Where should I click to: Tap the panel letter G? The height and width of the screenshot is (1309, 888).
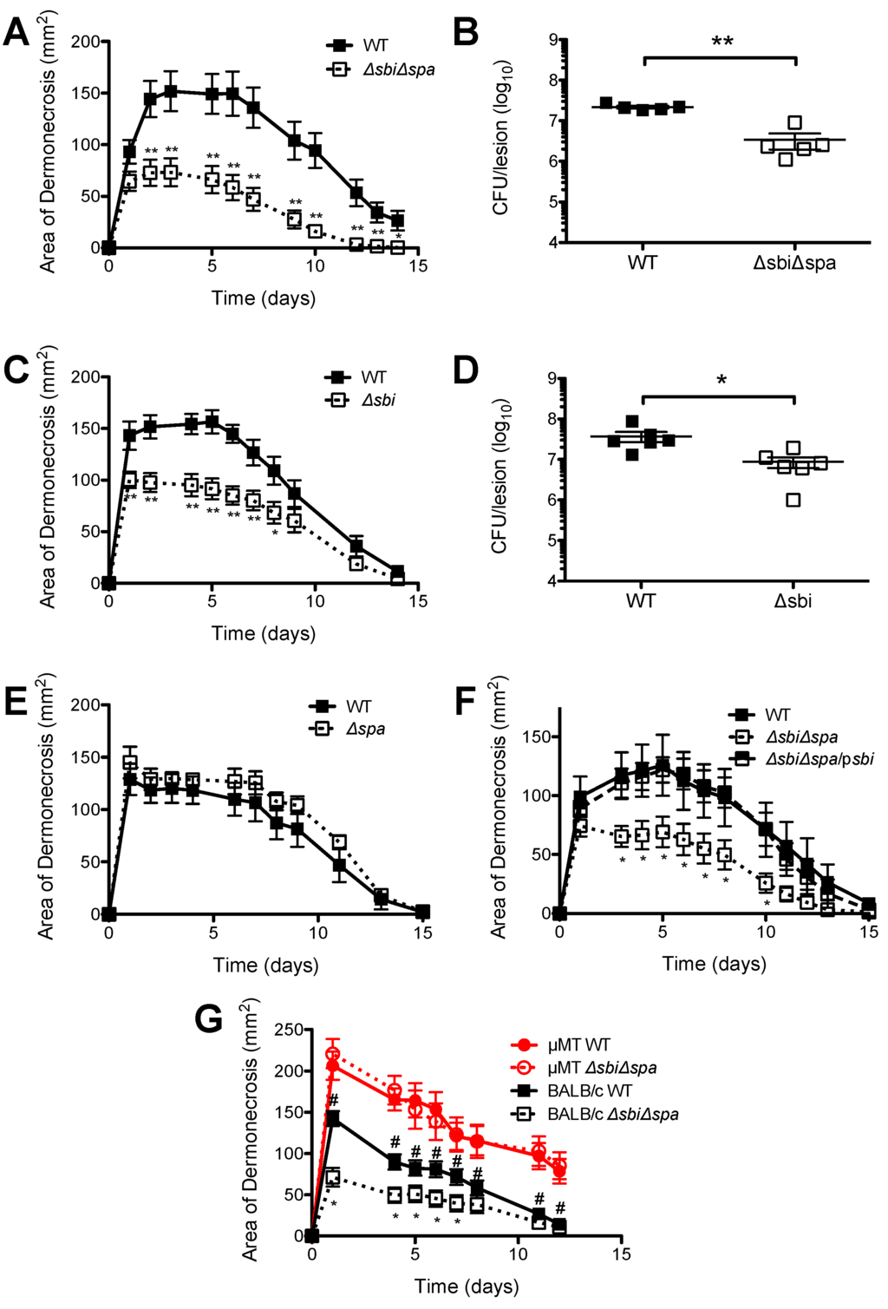click(209, 1018)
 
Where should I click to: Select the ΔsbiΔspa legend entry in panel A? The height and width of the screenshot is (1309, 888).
click(398, 69)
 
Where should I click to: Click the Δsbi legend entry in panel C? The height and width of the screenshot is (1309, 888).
click(378, 400)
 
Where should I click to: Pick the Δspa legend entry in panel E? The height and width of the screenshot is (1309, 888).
click(365, 729)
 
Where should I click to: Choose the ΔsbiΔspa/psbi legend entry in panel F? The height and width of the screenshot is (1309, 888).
click(819, 759)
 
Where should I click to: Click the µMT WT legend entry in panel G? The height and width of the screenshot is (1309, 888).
click(579, 1045)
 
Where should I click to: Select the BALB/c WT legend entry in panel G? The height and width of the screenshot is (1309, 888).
click(590, 1090)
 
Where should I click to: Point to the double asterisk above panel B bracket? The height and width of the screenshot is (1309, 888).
click(721, 41)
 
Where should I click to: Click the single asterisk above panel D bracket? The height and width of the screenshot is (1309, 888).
click(721, 380)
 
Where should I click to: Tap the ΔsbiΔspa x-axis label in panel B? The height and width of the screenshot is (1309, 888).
click(793, 263)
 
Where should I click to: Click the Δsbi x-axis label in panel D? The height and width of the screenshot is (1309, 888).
click(793, 600)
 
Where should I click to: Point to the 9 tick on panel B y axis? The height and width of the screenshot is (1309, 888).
click(552, 40)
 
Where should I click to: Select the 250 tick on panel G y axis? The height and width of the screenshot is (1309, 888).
click(289, 1030)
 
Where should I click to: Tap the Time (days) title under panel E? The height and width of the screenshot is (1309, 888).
click(265, 965)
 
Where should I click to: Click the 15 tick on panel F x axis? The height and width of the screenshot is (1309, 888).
click(869, 932)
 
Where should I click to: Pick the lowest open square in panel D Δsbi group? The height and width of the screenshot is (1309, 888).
click(793, 500)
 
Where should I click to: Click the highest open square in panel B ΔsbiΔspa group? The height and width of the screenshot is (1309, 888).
click(794, 122)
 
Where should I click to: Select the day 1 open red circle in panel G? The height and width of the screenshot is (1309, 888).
click(332, 1054)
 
